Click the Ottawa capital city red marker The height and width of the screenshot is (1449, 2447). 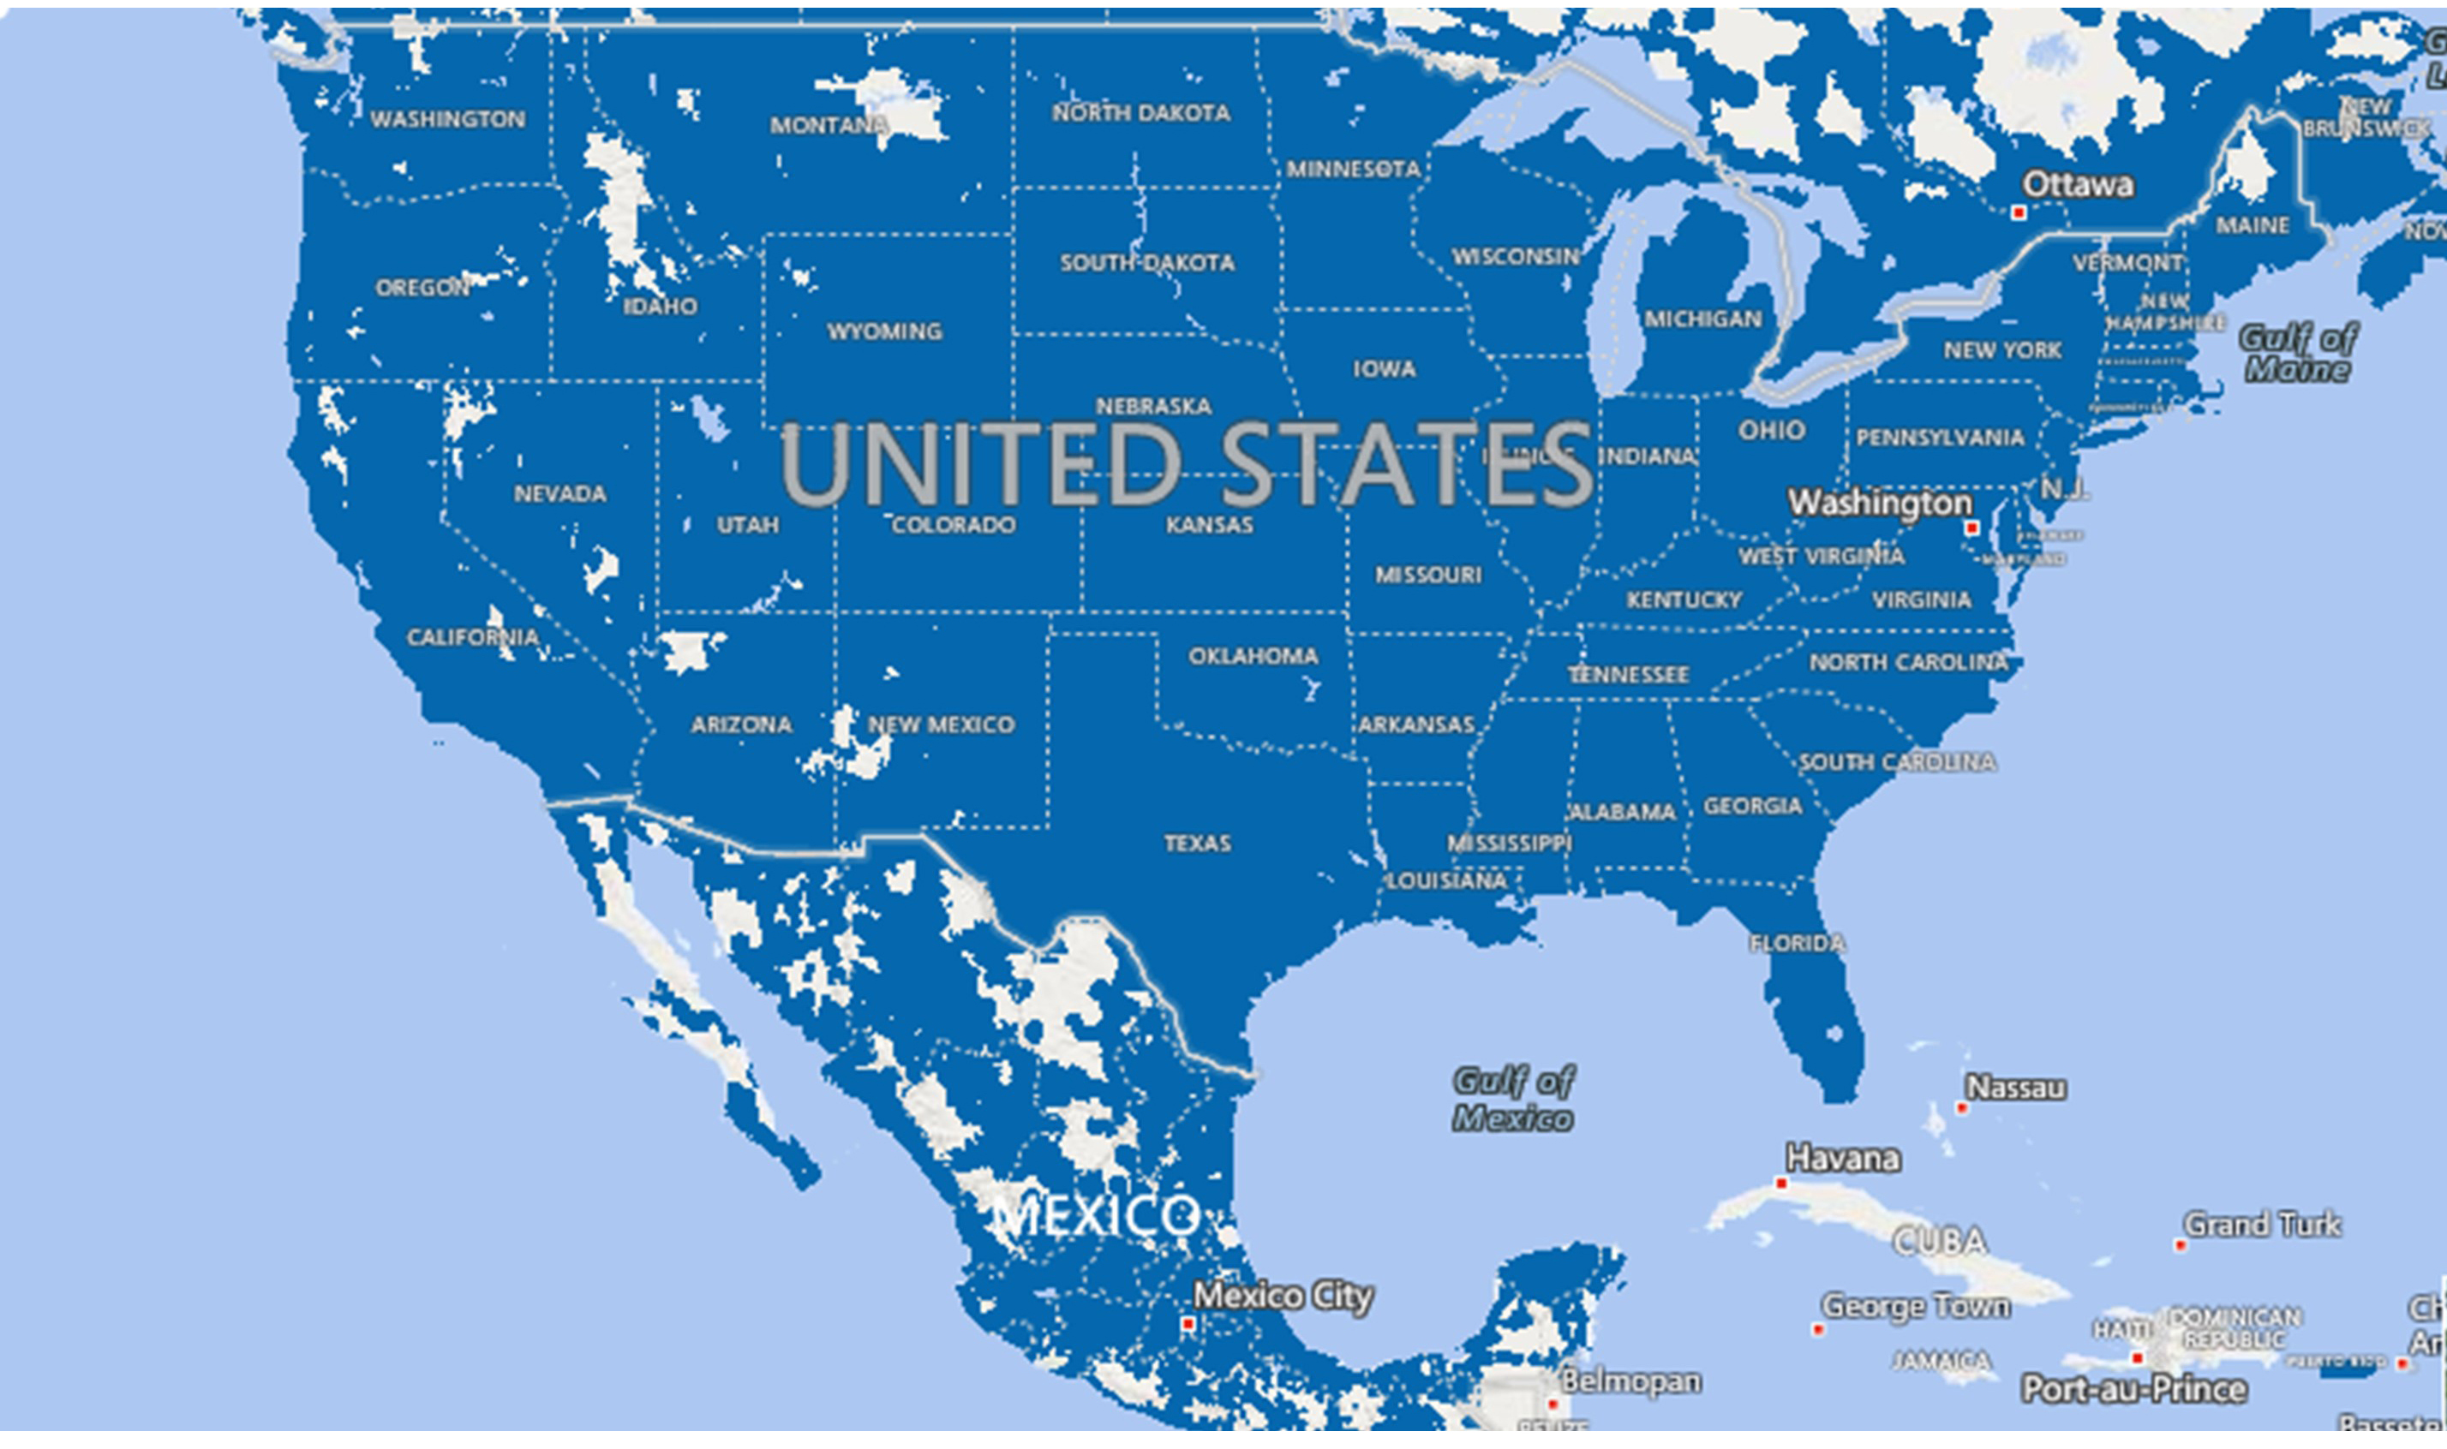[2018, 212]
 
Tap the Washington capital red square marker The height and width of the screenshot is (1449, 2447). [1971, 528]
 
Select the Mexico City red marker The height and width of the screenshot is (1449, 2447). [1188, 1324]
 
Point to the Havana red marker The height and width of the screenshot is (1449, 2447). [1780, 1184]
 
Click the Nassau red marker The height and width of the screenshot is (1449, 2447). [1960, 1107]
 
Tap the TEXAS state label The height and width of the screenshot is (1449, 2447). [1197, 843]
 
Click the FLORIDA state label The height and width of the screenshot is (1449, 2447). [1798, 943]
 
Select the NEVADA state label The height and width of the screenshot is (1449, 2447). [559, 493]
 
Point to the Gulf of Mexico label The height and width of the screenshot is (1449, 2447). [1513, 1100]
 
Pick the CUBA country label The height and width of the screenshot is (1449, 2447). [1940, 1241]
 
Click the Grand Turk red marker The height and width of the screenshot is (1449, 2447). [2180, 1245]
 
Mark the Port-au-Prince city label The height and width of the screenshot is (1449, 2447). [2133, 1387]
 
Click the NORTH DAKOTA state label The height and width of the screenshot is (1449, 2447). [1140, 113]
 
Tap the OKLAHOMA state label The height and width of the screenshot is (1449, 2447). [1253, 655]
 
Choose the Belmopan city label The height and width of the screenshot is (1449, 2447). [1630, 1380]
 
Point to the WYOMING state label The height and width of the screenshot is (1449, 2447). [884, 331]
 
